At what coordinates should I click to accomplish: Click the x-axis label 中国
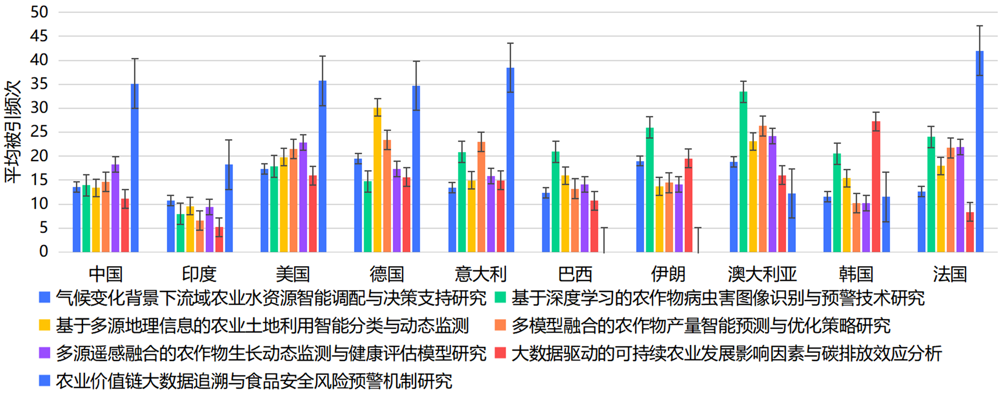pyautogui.click(x=106, y=274)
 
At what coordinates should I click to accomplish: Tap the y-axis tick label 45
pyautogui.click(x=39, y=36)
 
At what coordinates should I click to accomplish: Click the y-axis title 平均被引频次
pyautogui.click(x=13, y=132)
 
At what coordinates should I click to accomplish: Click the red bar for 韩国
pyautogui.click(x=876, y=187)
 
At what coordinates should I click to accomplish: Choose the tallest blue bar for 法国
pyautogui.click(x=980, y=152)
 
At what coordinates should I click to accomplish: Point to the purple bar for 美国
pyautogui.click(x=303, y=197)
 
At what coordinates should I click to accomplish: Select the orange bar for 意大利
pyautogui.click(x=481, y=197)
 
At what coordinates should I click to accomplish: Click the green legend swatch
pyautogui.click(x=500, y=297)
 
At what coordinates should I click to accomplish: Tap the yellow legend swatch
pyautogui.click(x=45, y=325)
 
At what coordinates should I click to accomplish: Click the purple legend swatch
pyautogui.click(x=45, y=352)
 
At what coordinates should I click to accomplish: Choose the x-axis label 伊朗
pyautogui.click(x=668, y=274)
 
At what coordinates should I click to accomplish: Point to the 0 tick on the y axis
pyautogui.click(x=44, y=251)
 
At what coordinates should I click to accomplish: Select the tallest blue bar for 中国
pyautogui.click(x=134, y=168)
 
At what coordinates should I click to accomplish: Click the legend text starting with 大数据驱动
pyautogui.click(x=726, y=353)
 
